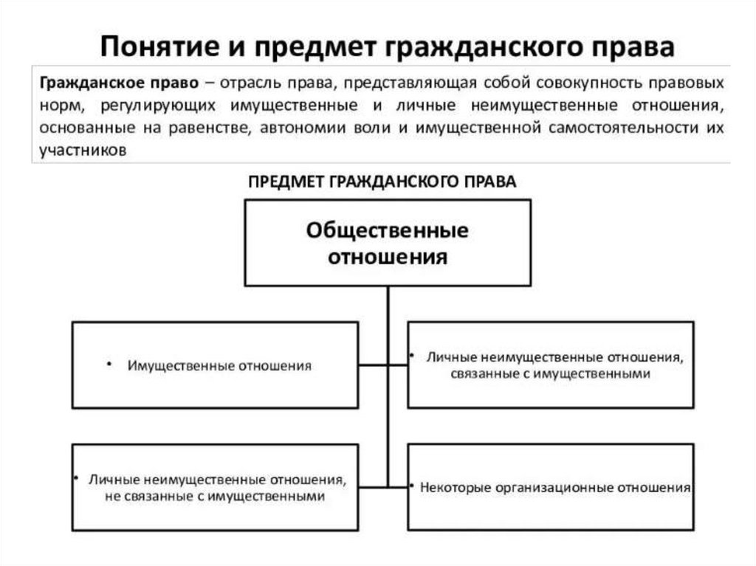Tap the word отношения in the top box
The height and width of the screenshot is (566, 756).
pyautogui.click(x=388, y=257)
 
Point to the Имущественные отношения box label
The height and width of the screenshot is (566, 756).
pyautogui.click(x=219, y=365)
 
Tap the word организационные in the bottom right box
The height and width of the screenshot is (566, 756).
pyautogui.click(x=547, y=488)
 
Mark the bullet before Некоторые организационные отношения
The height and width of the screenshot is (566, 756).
pyautogui.click(x=410, y=487)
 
